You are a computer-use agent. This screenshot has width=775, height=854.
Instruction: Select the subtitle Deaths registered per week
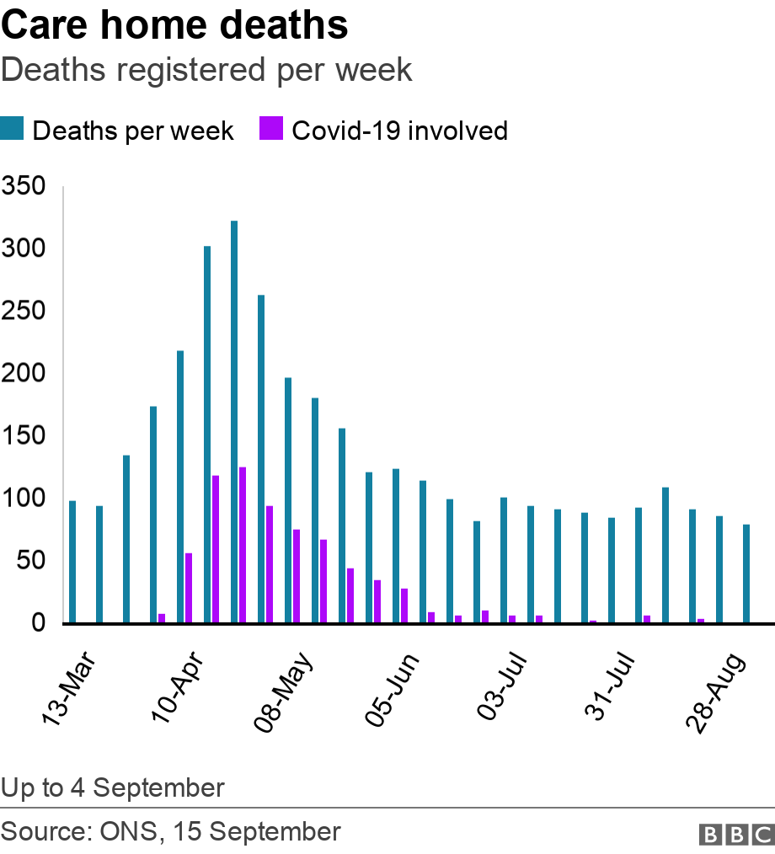click(x=206, y=70)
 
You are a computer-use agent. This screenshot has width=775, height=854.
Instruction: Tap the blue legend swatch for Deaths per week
click(x=14, y=131)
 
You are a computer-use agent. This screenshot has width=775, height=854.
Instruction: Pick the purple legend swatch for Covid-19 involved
click(x=274, y=131)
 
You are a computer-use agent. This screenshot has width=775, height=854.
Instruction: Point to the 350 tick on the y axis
click(x=26, y=186)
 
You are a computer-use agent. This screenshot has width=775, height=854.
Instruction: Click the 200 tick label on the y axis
click(x=26, y=373)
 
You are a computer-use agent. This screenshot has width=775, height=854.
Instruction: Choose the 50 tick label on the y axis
click(x=31, y=560)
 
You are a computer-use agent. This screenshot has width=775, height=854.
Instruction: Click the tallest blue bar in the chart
click(x=234, y=421)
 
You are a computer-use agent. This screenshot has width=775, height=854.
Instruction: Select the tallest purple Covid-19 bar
click(x=243, y=545)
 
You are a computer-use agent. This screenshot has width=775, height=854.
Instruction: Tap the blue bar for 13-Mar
click(x=72, y=562)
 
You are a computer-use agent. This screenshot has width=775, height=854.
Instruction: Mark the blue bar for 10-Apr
click(x=180, y=487)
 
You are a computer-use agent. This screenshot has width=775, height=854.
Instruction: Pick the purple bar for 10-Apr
click(x=189, y=588)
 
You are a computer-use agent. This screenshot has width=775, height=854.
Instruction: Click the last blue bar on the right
click(x=746, y=574)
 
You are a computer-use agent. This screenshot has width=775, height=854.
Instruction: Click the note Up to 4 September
click(x=113, y=787)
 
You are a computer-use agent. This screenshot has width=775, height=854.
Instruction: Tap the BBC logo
click(x=736, y=833)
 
